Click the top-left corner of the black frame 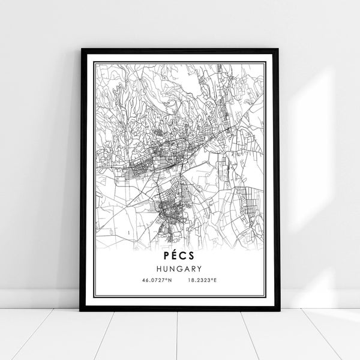click(81, 49)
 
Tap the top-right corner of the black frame click(279, 49)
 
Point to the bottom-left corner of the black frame click(81, 310)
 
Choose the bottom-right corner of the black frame click(279, 310)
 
